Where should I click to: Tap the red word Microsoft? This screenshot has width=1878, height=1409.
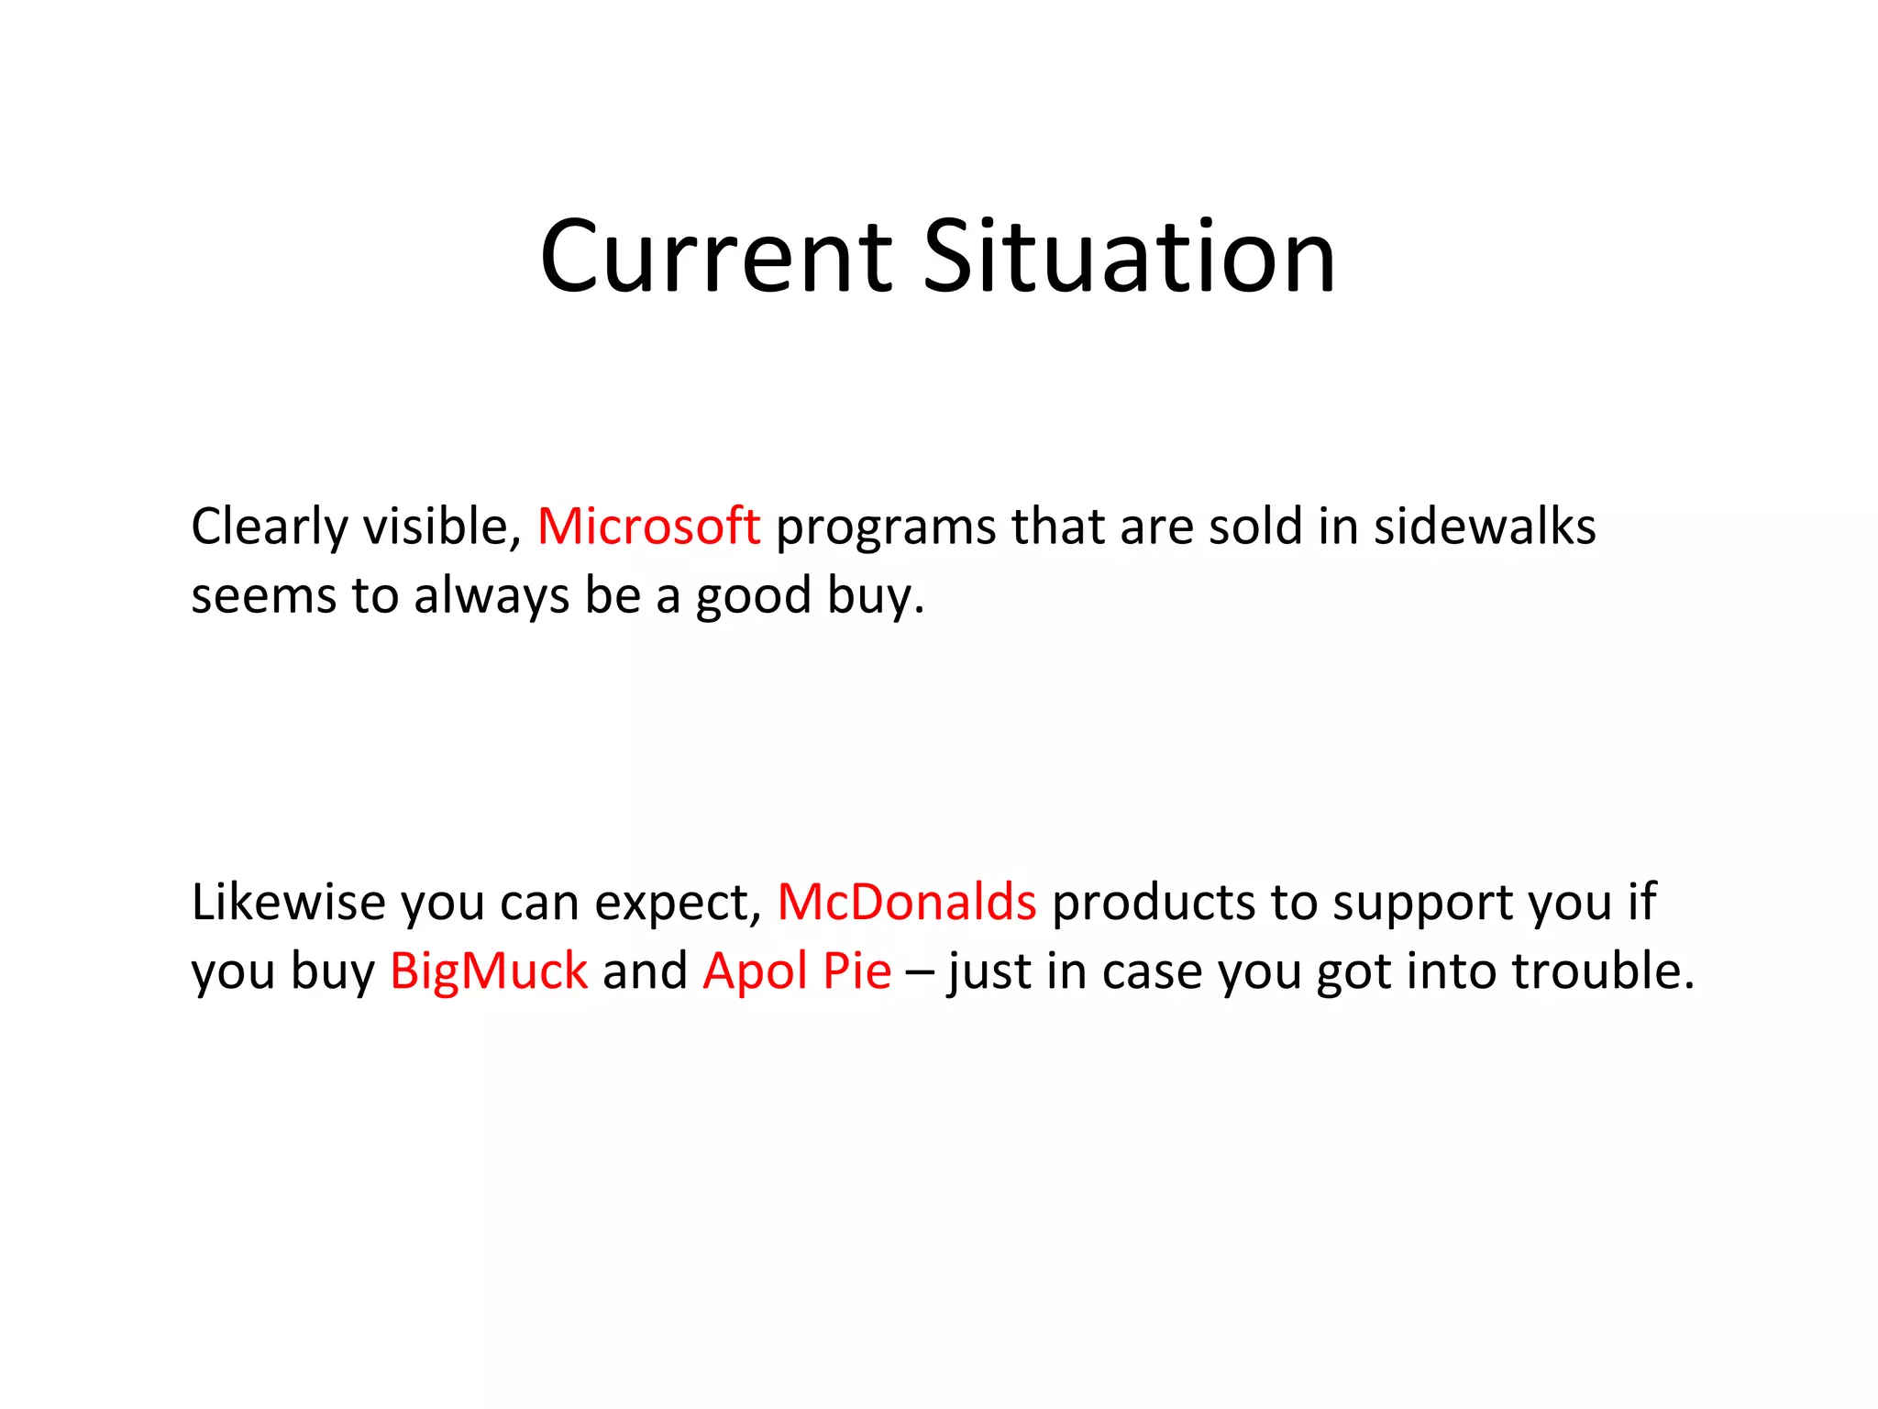[648, 527]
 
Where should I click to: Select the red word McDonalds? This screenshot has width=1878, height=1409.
[906, 902]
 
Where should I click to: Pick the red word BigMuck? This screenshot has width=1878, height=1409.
[488, 971]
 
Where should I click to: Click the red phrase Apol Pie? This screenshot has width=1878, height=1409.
[796, 971]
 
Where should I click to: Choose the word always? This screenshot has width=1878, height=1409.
[492, 597]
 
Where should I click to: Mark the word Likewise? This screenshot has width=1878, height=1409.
[288, 902]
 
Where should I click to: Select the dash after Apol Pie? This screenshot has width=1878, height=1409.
[919, 972]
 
